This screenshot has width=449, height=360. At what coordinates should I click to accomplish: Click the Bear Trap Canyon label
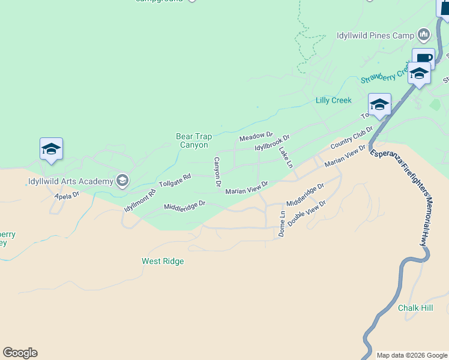click(192, 141)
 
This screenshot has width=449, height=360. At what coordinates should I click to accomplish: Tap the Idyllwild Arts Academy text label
click(70, 181)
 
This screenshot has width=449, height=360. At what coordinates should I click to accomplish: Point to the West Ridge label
click(163, 262)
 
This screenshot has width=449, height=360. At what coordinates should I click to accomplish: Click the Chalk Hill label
click(415, 308)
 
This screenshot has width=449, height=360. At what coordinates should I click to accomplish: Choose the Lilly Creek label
click(334, 100)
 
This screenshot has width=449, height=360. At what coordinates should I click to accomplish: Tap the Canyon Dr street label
click(217, 172)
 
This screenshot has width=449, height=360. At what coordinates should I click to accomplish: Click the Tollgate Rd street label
click(175, 179)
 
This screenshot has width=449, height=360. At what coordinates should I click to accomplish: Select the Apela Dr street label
click(67, 196)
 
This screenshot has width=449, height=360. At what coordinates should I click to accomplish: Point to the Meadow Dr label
click(256, 137)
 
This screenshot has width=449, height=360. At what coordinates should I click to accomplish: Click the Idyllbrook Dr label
click(272, 143)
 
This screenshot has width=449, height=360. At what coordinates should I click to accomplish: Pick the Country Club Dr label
click(352, 138)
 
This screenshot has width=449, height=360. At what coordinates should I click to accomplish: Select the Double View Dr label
click(306, 213)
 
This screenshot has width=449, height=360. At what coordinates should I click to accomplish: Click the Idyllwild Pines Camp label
click(376, 35)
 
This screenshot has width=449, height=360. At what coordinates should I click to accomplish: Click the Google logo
click(20, 353)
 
